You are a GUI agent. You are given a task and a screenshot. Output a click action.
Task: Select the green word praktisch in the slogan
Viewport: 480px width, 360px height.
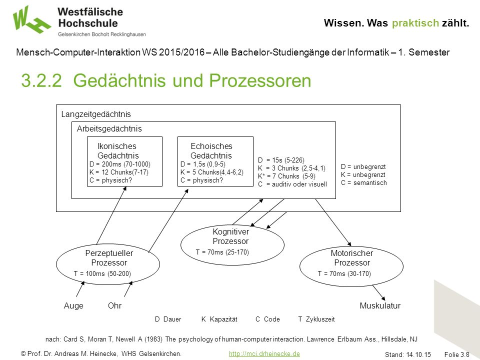(x=415, y=23)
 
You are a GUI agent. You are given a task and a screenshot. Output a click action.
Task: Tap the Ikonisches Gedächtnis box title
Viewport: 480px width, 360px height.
(x=117, y=150)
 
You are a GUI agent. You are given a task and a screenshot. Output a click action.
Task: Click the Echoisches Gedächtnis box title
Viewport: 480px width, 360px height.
(x=211, y=150)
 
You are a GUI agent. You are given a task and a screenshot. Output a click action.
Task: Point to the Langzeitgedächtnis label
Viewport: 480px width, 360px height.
(x=96, y=114)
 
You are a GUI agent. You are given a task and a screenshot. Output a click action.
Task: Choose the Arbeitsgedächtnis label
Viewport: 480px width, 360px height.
(x=109, y=128)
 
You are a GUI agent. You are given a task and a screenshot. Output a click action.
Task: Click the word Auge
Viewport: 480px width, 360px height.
(x=73, y=305)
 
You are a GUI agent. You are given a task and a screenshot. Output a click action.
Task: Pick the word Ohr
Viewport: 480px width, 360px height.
(x=114, y=305)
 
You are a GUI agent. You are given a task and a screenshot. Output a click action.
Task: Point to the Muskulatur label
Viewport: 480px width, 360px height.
(x=380, y=305)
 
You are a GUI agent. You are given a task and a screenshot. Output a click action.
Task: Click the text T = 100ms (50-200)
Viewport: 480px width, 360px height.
(x=102, y=273)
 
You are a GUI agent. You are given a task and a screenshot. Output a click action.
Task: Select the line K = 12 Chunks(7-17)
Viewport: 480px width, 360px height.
(x=119, y=172)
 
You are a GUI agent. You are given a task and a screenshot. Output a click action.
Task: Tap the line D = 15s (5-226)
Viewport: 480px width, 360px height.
(x=281, y=160)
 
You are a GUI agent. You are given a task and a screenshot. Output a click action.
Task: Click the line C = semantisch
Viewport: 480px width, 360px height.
(x=364, y=183)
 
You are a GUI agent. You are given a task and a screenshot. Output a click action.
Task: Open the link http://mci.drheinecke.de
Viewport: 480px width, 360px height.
(x=264, y=353)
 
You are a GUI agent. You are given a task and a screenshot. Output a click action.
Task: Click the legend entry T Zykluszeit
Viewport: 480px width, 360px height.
(x=316, y=319)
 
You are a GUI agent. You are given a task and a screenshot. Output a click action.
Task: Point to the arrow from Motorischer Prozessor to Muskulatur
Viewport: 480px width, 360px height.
(x=378, y=292)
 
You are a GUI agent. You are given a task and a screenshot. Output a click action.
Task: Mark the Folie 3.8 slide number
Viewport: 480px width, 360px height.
(x=456, y=354)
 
